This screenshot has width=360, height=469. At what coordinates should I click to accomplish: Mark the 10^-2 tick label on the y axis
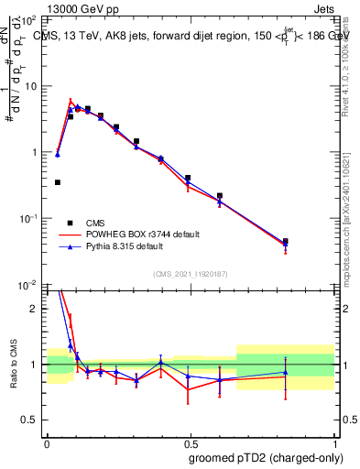[x=29, y=285]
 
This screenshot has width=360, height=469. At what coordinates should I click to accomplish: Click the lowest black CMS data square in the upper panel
[x=58, y=182]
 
